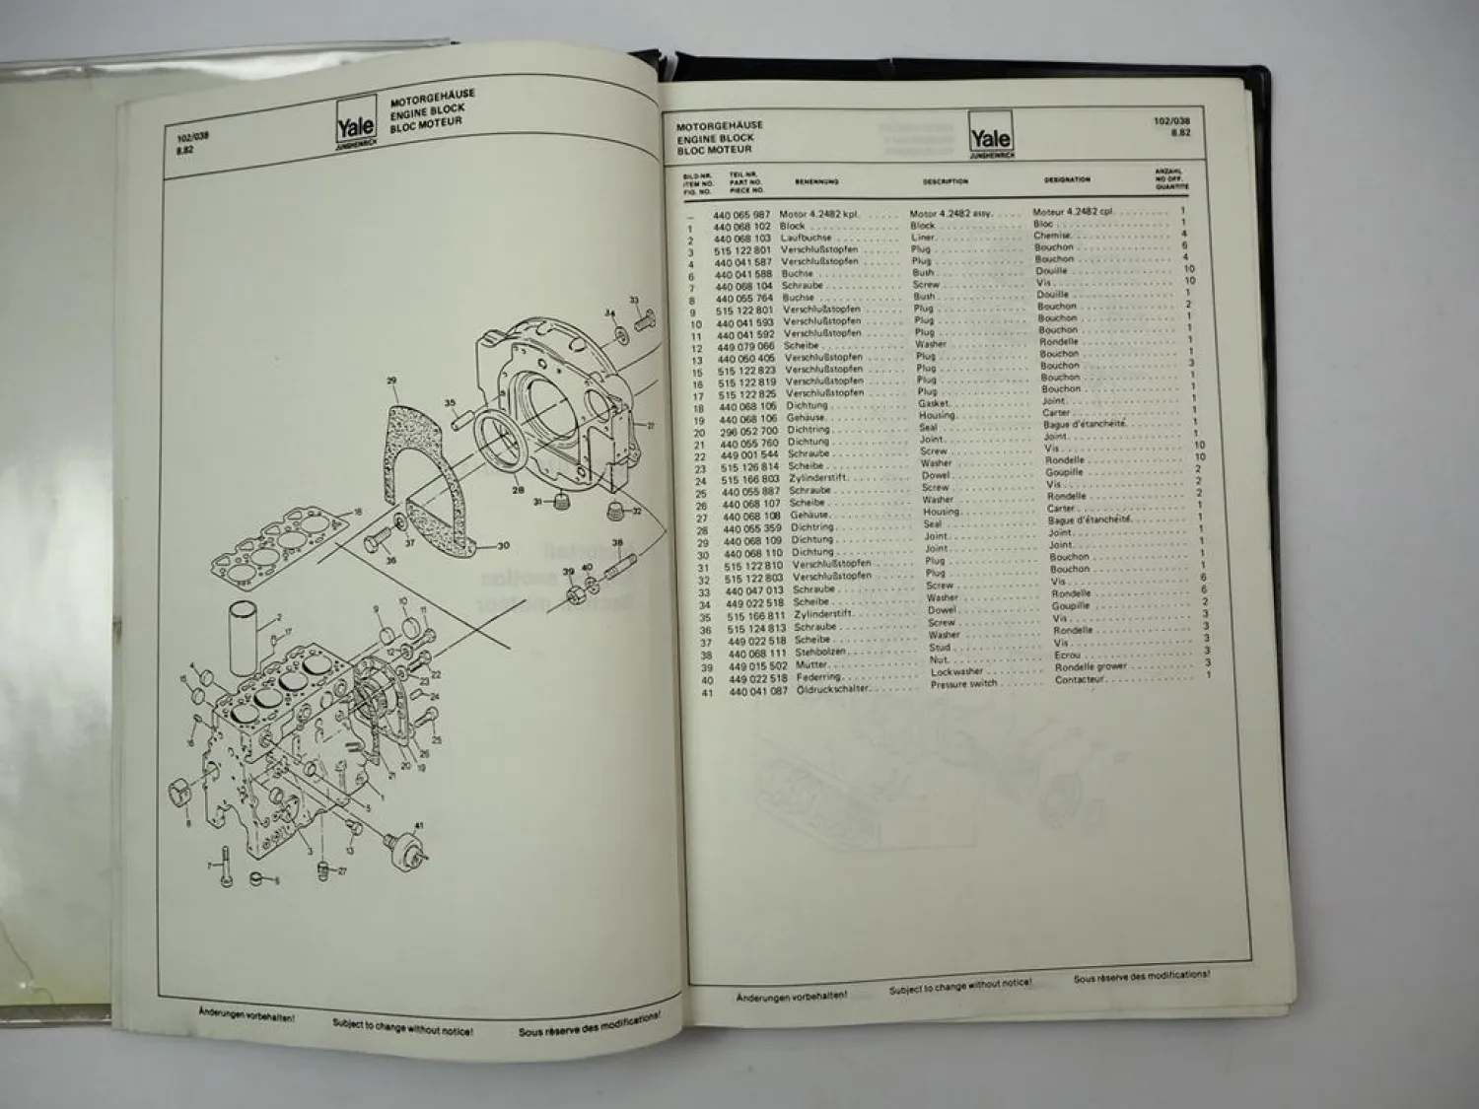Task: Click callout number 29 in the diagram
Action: [391, 381]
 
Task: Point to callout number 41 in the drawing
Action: [418, 825]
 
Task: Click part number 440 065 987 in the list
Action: [741, 215]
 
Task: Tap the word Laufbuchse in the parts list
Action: [806, 238]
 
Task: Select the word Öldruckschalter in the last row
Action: [834, 690]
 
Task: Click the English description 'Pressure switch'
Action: [963, 684]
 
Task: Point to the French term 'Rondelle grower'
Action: [1091, 667]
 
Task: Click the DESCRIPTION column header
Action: [945, 181]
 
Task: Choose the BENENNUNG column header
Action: [816, 182]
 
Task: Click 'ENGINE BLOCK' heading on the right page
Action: [715, 139]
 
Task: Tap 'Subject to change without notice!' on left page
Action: [402, 1029]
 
